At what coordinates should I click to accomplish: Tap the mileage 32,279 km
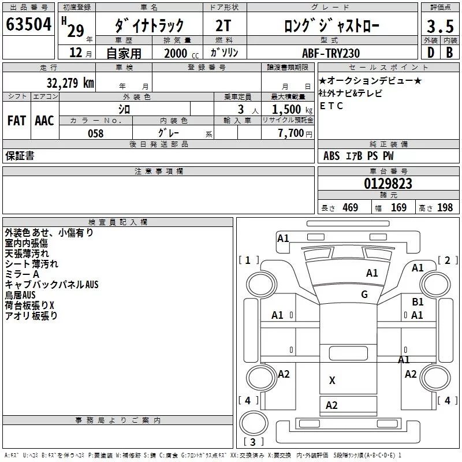pos(70,83)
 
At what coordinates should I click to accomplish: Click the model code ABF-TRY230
pos(331,53)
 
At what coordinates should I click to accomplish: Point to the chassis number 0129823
pos(388,184)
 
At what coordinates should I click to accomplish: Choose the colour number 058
pos(95,133)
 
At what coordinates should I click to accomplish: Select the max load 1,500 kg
pos(292,109)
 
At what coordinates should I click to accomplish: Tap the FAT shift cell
pos(16,121)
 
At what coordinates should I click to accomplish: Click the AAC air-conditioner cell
pos(44,121)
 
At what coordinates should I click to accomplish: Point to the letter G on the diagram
pos(364,295)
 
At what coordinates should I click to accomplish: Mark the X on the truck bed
pos(332,380)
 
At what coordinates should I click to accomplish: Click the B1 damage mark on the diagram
pos(418,301)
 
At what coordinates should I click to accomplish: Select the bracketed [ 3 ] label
pos(250,442)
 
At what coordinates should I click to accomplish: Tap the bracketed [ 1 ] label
pos(248,260)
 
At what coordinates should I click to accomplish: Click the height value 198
pos(445,208)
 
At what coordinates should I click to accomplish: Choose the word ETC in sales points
pos(331,106)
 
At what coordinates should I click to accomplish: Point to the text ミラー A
pos(23,274)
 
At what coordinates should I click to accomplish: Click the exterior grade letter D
pos(430,53)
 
